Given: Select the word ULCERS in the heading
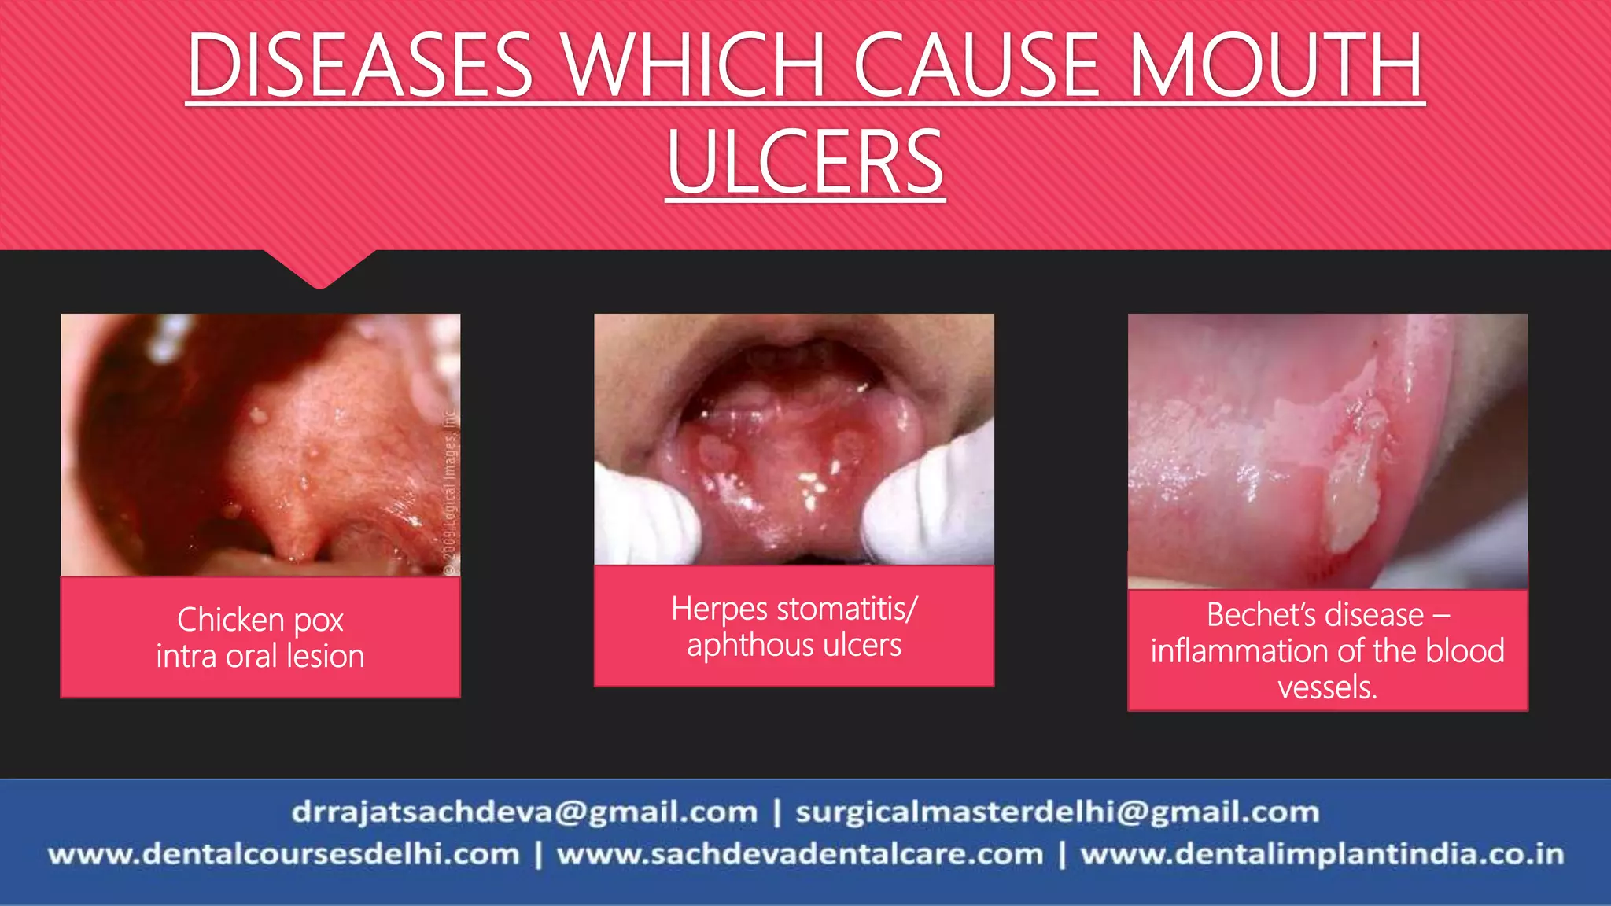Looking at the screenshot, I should pyautogui.click(x=805, y=163).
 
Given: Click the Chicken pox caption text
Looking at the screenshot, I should pyautogui.click(x=260, y=620).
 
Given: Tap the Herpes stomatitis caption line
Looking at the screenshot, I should pyautogui.click(x=794, y=609).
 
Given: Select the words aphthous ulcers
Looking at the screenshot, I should pyautogui.click(x=794, y=645).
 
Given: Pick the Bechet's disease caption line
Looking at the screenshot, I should pyautogui.click(x=1328, y=614).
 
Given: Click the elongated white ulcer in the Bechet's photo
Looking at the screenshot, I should pyautogui.click(x=1351, y=503).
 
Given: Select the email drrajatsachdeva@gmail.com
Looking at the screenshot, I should pyautogui.click(x=524, y=812).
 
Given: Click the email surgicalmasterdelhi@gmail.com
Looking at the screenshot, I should pyautogui.click(x=1057, y=812).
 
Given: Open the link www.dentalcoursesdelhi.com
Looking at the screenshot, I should pyautogui.click(x=284, y=854).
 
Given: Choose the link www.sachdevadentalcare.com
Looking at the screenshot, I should pyautogui.click(x=800, y=854).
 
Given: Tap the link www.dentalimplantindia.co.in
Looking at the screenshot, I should pyautogui.click(x=1322, y=854).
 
